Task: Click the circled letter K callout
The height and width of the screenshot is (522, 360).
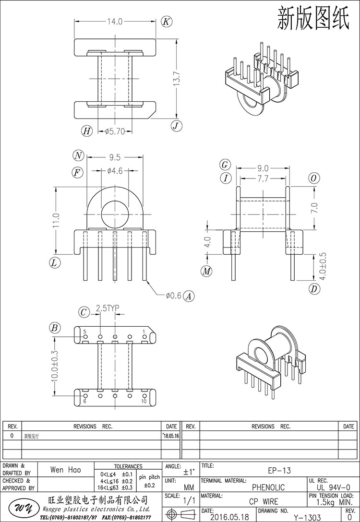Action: tap(166, 22)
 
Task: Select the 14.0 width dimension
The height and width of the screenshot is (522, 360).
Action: tap(115, 21)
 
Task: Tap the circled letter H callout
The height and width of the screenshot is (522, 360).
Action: tap(86, 130)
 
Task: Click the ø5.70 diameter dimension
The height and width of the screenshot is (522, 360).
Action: tap(115, 130)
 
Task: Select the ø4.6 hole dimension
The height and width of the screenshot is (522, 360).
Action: tap(116, 170)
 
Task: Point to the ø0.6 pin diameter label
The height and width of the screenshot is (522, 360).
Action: tap(173, 296)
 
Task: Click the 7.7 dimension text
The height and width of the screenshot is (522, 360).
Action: tap(263, 178)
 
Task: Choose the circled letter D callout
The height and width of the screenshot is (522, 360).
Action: tap(314, 289)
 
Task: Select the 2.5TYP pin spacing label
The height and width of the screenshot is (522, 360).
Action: tap(107, 308)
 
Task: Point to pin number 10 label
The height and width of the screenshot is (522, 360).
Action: tap(144, 401)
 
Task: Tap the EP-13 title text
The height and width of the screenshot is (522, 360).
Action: tap(279, 470)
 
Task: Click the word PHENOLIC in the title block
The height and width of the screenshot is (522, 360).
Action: tap(269, 487)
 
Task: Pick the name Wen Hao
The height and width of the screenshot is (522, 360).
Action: tap(65, 470)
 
